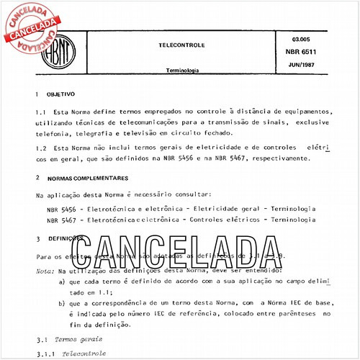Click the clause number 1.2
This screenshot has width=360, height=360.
click(x=40, y=148)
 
